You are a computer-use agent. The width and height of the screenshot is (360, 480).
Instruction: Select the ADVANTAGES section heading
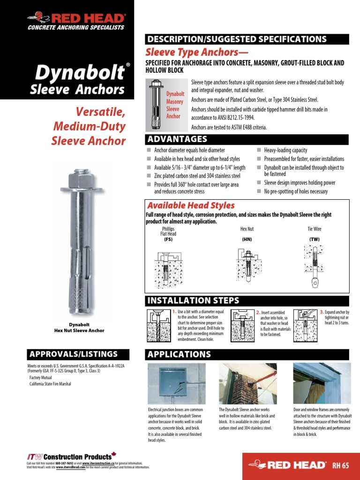177,139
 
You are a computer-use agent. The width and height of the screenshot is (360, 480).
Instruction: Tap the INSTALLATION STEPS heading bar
193,300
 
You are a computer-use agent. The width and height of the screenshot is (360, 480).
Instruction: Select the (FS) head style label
168,239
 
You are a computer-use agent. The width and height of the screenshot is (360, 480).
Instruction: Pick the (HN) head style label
247,239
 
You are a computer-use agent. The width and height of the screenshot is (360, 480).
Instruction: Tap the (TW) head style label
315,239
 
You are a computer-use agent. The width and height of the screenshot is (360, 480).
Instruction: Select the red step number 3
322,312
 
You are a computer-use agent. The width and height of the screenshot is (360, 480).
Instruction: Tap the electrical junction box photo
177,383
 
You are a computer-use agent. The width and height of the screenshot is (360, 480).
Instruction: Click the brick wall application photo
247,383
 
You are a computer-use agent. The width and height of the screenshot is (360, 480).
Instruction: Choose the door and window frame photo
322,383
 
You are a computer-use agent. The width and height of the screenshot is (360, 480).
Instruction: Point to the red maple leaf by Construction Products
114,455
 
